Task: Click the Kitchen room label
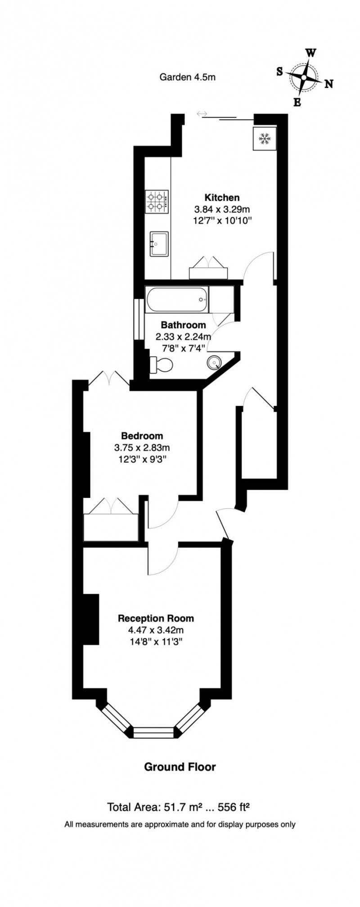pos(222,197)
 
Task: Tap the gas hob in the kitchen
pos(157,202)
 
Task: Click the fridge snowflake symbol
pos(263,139)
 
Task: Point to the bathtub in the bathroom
pos(177,299)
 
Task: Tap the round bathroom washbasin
pos(215,361)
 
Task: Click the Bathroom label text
pos(184,325)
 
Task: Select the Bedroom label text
pos(142,436)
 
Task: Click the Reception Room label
pos(156,618)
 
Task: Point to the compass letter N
pos(328,84)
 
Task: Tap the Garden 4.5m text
pos(188,77)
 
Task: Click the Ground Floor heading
pos(180,767)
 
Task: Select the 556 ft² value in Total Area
pos(234,807)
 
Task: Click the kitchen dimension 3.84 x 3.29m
pos(222,209)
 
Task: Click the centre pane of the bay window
pos(154,733)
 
